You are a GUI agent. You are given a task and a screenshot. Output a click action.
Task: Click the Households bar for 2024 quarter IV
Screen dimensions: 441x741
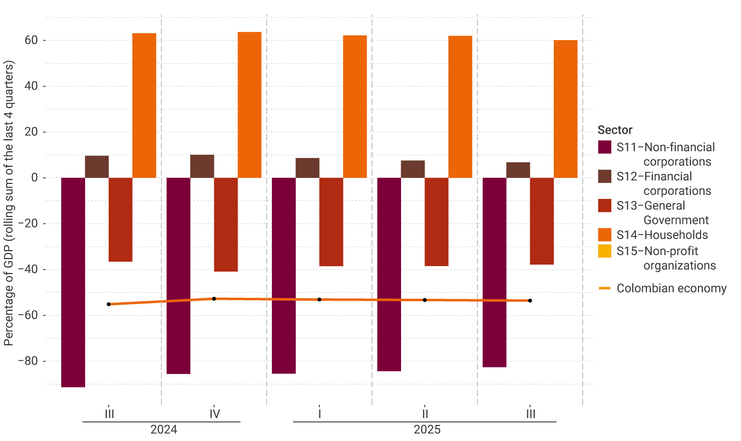pyautogui.click(x=249, y=105)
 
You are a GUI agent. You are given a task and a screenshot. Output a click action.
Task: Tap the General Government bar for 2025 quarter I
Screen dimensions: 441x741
pyautogui.click(x=331, y=222)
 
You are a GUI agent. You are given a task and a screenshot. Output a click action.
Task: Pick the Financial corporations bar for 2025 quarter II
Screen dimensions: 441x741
pyautogui.click(x=413, y=169)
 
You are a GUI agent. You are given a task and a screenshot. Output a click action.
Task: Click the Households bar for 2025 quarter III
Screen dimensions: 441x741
pyautogui.click(x=565, y=109)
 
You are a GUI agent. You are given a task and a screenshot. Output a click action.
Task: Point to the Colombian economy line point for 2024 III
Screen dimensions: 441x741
pyautogui.click(x=109, y=304)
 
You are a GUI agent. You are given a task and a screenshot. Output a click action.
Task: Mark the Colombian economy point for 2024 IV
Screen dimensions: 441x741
pyautogui.click(x=214, y=299)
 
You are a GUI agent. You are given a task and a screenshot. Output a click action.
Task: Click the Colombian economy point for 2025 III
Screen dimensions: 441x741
pyautogui.click(x=530, y=301)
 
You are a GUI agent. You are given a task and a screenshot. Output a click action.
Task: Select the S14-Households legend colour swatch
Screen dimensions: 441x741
pyautogui.click(x=604, y=235)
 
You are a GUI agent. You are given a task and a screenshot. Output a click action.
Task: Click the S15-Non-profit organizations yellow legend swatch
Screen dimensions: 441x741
pyautogui.click(x=604, y=251)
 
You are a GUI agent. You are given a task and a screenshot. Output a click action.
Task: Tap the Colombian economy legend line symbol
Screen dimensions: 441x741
pyautogui.click(x=604, y=288)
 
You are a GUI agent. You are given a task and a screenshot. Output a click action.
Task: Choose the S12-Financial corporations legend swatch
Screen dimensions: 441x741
pyautogui.click(x=604, y=176)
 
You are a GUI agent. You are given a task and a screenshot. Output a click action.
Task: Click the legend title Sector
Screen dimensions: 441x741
pyautogui.click(x=615, y=130)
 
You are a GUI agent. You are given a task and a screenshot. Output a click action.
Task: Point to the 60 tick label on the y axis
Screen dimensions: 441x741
pyautogui.click(x=31, y=40)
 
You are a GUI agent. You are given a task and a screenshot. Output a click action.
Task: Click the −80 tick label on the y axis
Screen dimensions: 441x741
pyautogui.click(x=28, y=361)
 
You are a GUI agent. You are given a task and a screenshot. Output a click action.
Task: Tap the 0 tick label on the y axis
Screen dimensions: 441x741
pyautogui.click(x=35, y=177)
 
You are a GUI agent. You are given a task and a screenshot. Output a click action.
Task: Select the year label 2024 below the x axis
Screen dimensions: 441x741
pyautogui.click(x=164, y=429)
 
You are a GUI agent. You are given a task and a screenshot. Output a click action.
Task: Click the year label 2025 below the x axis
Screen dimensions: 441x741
pyautogui.click(x=427, y=429)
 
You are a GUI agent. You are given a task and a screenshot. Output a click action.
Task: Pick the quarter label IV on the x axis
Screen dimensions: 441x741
pyautogui.click(x=215, y=414)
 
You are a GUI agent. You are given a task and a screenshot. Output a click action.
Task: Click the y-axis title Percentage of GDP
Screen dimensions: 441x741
pyautogui.click(x=9, y=203)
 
